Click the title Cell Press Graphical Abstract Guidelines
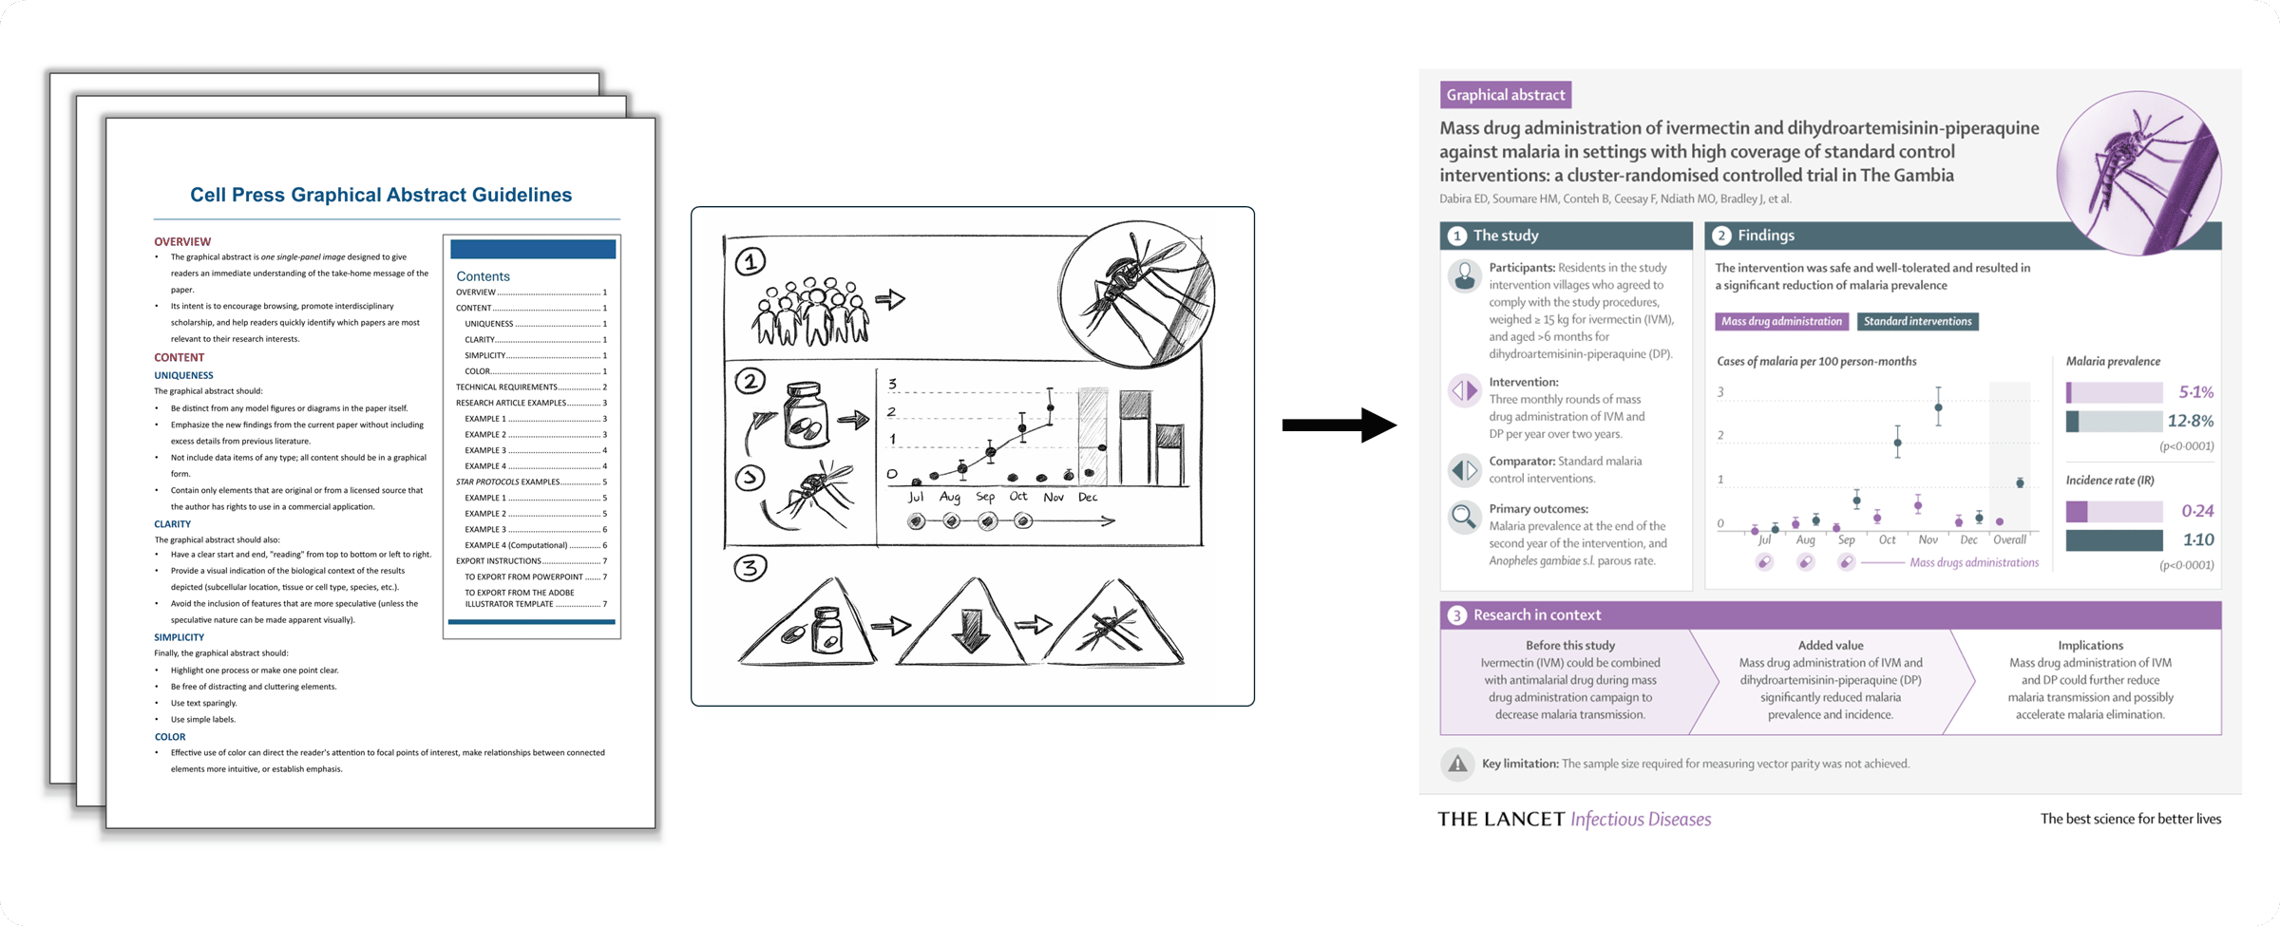[381, 195]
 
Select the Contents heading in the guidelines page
[483, 276]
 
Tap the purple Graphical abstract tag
[1505, 95]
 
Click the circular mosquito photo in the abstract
[2137, 172]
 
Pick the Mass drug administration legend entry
[1781, 321]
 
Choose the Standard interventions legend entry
[1917, 321]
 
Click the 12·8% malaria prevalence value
[2190, 421]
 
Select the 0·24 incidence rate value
[2197, 511]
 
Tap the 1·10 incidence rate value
[2198, 539]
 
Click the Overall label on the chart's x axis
[2009, 539]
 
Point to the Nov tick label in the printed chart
[1928, 539]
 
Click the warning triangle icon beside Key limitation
[1457, 764]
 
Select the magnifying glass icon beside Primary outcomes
[1464, 517]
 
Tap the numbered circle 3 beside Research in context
[1456, 615]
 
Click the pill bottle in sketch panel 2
[806, 414]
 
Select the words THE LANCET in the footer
[1500, 819]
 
